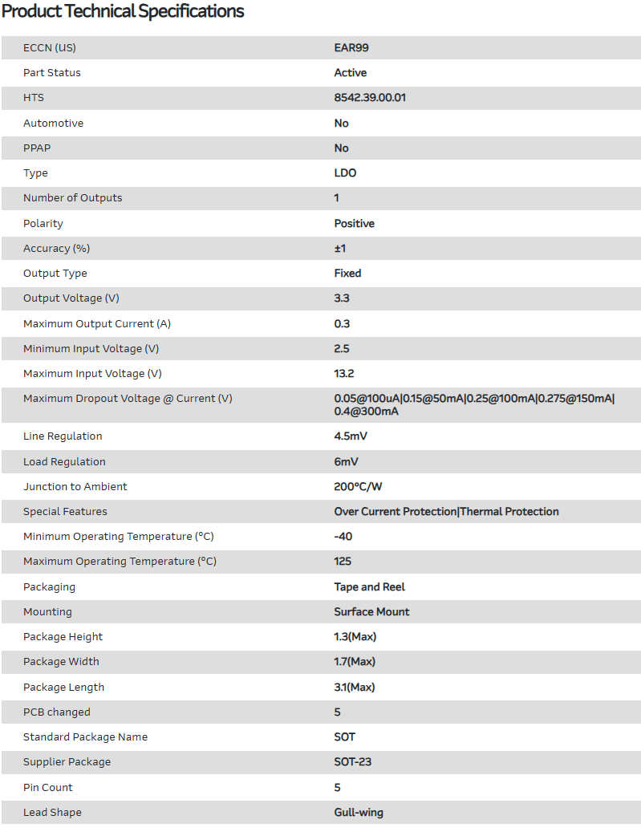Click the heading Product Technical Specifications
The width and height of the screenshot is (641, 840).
123,11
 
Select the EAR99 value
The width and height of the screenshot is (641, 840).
351,48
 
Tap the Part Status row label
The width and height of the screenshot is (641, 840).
52,73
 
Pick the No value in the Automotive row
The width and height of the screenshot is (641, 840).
342,124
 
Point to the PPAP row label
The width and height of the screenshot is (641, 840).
37,148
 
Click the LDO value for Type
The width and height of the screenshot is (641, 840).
345,173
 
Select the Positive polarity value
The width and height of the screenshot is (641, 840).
355,224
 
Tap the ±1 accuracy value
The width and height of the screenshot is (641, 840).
340,249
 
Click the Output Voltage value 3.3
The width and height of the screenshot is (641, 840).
342,298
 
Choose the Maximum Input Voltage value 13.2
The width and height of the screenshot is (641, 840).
344,374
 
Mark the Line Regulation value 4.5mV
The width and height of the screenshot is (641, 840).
351,436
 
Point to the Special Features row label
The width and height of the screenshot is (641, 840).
65,512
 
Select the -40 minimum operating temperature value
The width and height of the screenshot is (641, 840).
343,537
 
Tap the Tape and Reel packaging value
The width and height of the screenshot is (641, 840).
370,587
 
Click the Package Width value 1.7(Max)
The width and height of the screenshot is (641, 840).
355,662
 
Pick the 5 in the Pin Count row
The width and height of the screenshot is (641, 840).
338,788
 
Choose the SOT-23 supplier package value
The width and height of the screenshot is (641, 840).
353,762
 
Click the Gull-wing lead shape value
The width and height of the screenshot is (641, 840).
359,813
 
